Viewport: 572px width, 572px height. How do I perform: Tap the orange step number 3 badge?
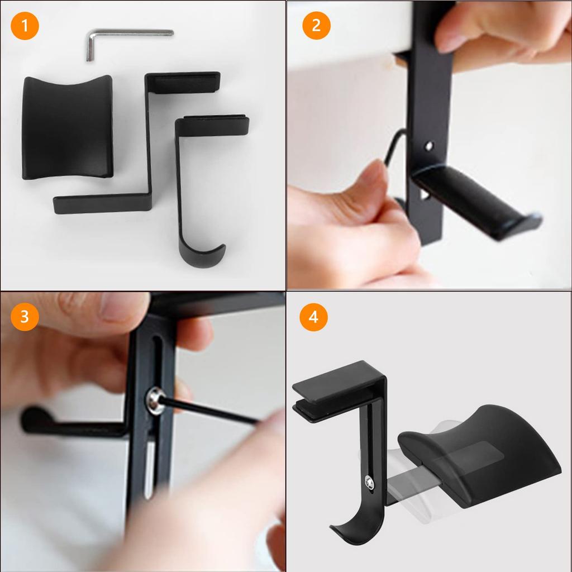[25, 317]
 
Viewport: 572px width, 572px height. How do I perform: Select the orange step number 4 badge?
[313, 317]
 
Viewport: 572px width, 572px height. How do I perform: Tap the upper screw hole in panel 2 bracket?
[428, 146]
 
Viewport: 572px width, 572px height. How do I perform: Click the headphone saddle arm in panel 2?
[475, 201]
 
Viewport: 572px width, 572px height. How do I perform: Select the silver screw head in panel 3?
[155, 401]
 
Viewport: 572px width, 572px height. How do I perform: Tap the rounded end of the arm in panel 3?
[31, 419]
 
